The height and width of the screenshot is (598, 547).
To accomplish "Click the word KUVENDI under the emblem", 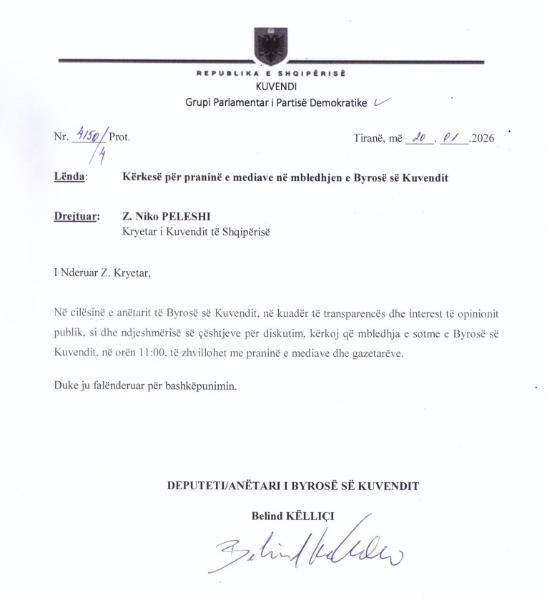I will pyautogui.click(x=272, y=88).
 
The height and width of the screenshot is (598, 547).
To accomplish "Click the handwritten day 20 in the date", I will pyautogui.click(x=415, y=138).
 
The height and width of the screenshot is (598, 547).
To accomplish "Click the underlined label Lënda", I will pyautogui.click(x=69, y=177).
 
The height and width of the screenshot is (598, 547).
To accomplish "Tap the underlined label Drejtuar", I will pyautogui.click(x=77, y=215).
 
